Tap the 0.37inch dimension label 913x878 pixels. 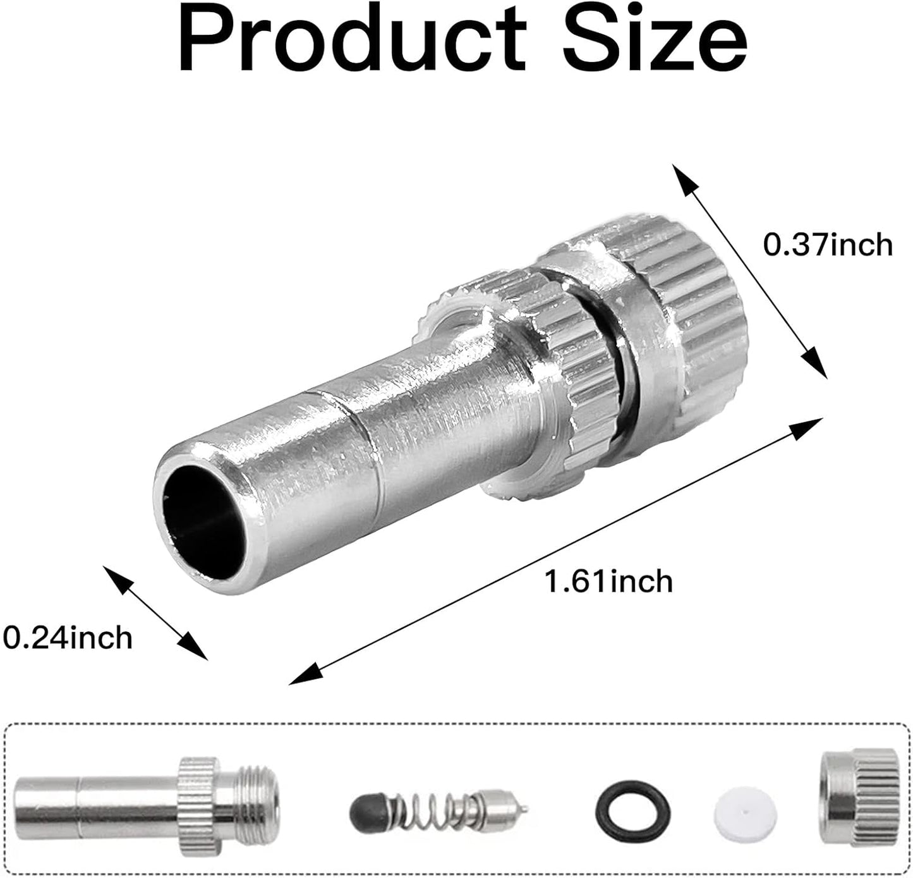[828, 245]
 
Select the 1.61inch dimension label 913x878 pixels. [609, 581]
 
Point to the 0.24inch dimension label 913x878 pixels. [68, 637]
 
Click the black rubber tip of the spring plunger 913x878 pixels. [365, 807]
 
